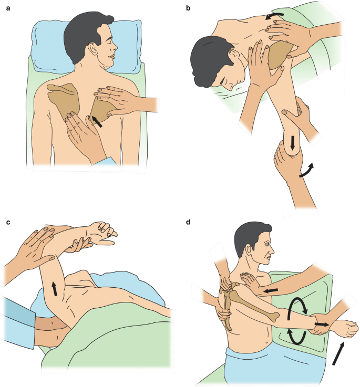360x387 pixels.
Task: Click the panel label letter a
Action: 8,8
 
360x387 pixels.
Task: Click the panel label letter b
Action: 188,8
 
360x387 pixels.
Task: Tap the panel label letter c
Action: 8,222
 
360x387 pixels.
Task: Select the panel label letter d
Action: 188,222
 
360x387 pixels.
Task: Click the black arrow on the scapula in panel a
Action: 97,121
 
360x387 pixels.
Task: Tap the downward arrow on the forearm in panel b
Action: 293,143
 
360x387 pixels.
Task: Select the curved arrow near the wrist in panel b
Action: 307,171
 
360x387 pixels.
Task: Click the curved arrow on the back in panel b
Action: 274,16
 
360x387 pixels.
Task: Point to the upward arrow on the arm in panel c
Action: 54,289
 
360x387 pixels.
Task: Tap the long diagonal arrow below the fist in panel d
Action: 338,353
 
